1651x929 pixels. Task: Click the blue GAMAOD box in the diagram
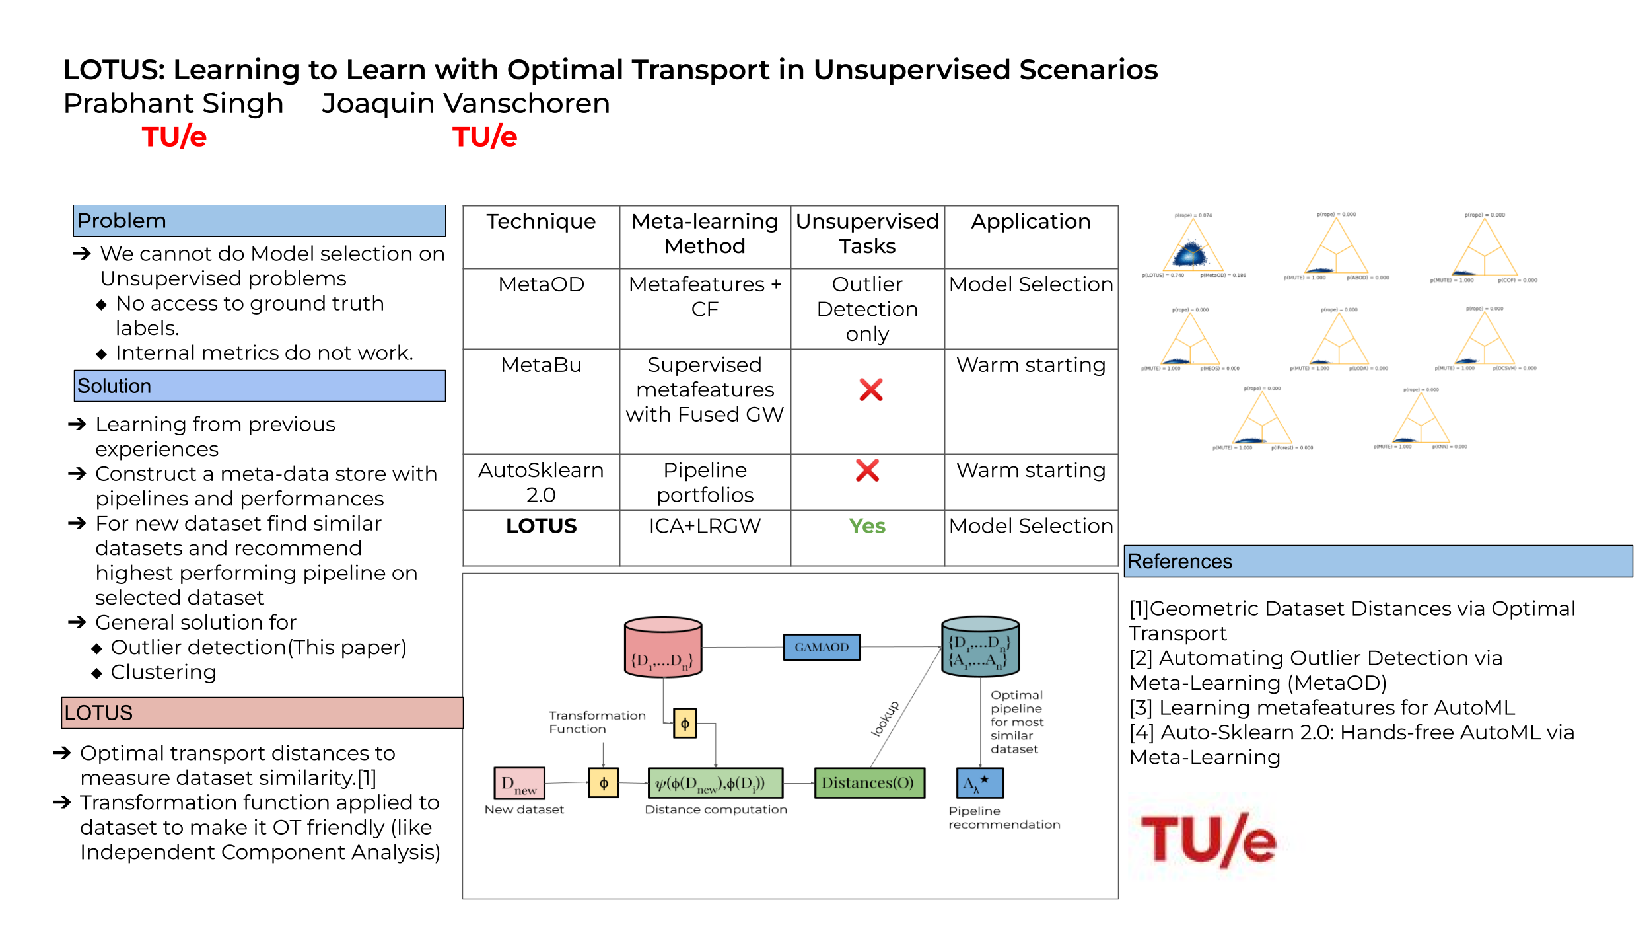pyautogui.click(x=821, y=647)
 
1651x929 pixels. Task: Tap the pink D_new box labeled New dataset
pyautogui.click(x=519, y=783)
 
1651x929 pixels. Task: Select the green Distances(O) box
pyautogui.click(x=868, y=783)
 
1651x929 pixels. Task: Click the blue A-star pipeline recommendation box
pyautogui.click(x=979, y=783)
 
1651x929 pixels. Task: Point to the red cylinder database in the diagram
pyautogui.click(x=662, y=648)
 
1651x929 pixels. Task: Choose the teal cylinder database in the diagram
pyautogui.click(x=979, y=648)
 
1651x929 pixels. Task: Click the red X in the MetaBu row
pyautogui.click(x=870, y=390)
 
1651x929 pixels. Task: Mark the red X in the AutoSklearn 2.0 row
pyautogui.click(x=867, y=470)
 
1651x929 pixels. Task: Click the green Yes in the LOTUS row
pyautogui.click(x=867, y=526)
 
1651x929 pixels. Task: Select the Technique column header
pyautogui.click(x=541, y=222)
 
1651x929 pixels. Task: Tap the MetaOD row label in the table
pyautogui.click(x=541, y=285)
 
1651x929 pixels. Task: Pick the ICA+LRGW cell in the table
pyautogui.click(x=705, y=526)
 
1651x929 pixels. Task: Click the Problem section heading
pyautogui.click(x=122, y=221)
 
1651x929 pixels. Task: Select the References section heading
pyautogui.click(x=1179, y=562)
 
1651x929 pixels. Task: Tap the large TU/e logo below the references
pyautogui.click(x=1209, y=840)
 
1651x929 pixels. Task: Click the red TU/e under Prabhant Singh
pyautogui.click(x=174, y=137)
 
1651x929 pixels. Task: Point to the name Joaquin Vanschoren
pyautogui.click(x=466, y=104)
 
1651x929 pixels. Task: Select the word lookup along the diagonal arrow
pyautogui.click(x=885, y=719)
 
